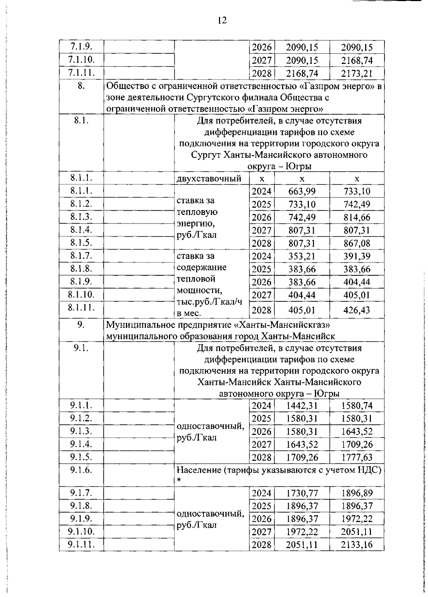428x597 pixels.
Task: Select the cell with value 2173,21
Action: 357,74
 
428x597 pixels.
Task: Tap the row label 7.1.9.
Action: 82,46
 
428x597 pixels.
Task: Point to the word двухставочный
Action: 209,179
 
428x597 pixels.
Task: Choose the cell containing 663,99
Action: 302,191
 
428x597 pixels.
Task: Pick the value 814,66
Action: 357,217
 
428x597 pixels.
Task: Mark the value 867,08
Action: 357,244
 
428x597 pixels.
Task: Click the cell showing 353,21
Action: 302,256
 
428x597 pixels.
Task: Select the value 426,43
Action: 357,310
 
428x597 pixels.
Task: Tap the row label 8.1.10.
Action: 82,295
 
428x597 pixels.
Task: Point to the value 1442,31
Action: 302,406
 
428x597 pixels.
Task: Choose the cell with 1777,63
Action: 357,457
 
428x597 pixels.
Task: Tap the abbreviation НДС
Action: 369,470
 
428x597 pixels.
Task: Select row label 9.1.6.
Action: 82,470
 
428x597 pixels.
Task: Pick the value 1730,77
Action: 302,493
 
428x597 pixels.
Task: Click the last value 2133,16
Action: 357,545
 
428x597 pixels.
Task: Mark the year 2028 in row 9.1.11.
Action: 261,545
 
